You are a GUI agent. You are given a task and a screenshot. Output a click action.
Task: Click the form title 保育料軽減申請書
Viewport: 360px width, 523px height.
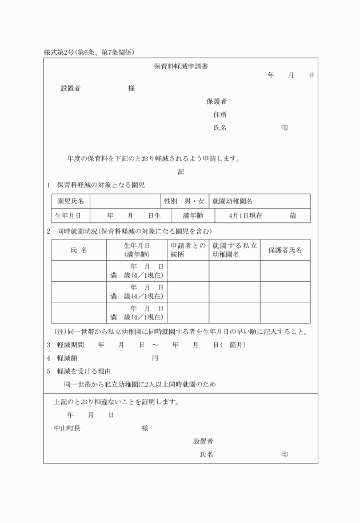point(181,66)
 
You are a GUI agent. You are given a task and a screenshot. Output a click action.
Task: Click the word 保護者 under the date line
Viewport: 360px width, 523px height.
point(217,101)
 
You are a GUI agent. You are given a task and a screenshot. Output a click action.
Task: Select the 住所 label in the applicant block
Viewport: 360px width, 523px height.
point(220,114)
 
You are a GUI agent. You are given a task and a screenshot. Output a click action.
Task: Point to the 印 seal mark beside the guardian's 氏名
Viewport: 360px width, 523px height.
point(284,128)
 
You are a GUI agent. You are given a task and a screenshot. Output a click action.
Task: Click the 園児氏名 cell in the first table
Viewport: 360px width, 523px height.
point(70,201)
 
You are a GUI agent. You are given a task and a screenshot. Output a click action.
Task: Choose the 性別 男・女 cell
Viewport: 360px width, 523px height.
point(184,201)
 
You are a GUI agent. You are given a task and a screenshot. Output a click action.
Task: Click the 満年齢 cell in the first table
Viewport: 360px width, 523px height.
point(193,215)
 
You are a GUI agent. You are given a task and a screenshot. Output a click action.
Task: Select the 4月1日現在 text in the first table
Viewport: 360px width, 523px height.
point(245,215)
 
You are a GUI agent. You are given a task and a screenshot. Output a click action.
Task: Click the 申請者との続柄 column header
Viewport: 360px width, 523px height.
point(187,250)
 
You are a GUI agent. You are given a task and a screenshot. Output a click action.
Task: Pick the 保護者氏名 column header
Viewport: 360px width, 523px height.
point(285,250)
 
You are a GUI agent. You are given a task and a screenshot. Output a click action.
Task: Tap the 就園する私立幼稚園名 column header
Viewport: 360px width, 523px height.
point(234,250)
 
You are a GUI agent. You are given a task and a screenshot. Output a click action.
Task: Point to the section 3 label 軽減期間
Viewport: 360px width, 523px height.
point(70,345)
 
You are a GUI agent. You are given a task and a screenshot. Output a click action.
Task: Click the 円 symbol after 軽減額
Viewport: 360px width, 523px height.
point(155,358)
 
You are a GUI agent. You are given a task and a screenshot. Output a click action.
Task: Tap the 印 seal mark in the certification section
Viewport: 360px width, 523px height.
point(284,454)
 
